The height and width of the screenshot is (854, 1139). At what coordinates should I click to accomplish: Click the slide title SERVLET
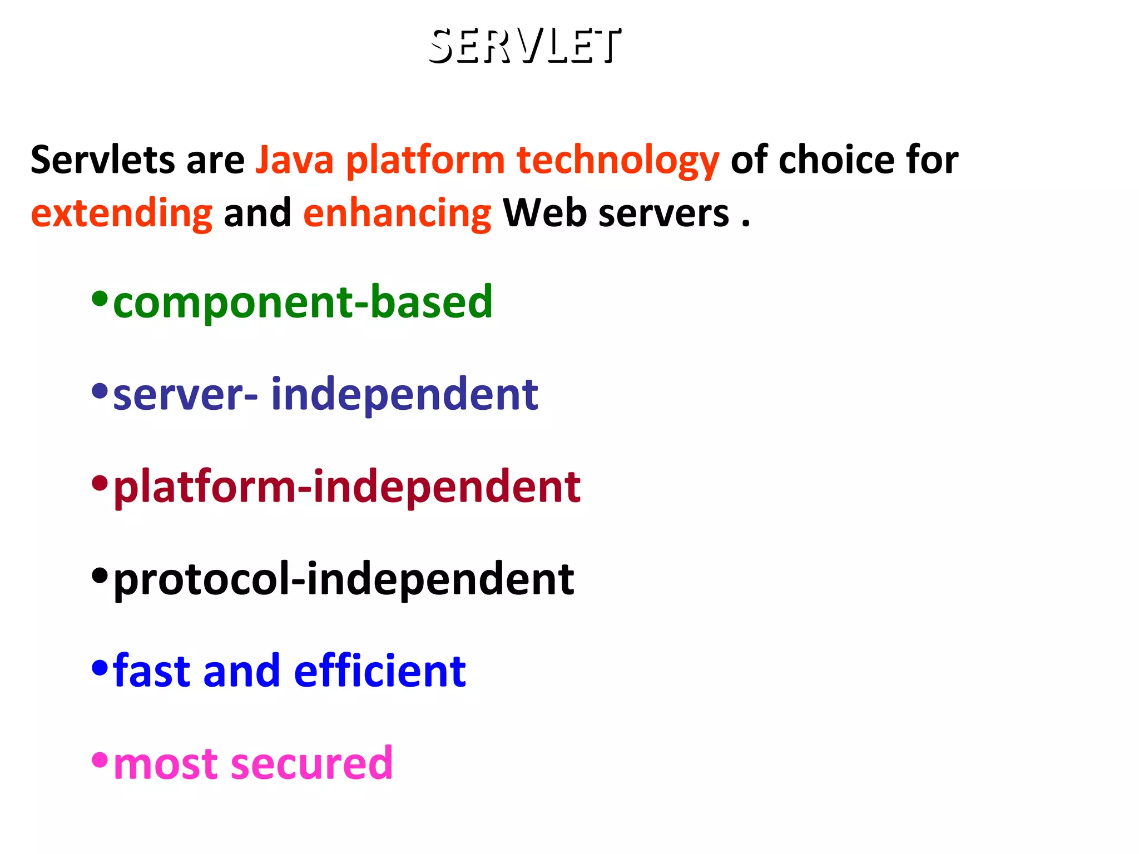pyautogui.click(x=524, y=46)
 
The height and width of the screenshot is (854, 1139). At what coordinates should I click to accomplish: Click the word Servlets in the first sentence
pyautogui.click(x=102, y=160)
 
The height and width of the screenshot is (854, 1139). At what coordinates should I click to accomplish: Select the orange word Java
pyautogui.click(x=294, y=160)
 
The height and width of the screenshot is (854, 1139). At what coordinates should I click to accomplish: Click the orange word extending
pyautogui.click(x=122, y=214)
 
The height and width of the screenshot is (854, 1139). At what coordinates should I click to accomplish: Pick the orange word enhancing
pyautogui.click(x=397, y=214)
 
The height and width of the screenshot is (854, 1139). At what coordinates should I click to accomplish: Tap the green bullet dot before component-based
pyautogui.click(x=100, y=299)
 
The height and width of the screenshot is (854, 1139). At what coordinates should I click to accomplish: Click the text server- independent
pyautogui.click(x=325, y=394)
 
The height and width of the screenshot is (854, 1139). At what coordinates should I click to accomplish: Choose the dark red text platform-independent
pyautogui.click(x=347, y=487)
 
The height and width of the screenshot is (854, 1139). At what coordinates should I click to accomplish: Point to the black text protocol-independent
pyautogui.click(x=344, y=579)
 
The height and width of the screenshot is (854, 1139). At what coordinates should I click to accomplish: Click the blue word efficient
pyautogui.click(x=380, y=671)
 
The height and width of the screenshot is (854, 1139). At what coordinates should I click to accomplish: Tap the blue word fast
pyautogui.click(x=152, y=671)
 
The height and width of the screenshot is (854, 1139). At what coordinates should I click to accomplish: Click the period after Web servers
pyautogui.click(x=746, y=225)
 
